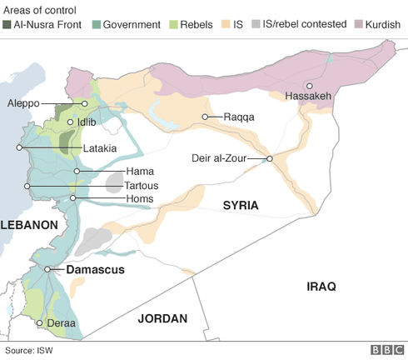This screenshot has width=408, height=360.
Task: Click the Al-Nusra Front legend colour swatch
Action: [x=7, y=25]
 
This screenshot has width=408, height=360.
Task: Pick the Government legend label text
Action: [x=131, y=25]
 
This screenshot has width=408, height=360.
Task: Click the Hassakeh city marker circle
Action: [x=309, y=85]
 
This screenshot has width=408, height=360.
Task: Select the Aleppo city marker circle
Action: [x=84, y=103]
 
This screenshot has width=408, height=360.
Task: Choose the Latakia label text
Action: [x=99, y=148]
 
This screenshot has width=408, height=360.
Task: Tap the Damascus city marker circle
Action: [x=48, y=269]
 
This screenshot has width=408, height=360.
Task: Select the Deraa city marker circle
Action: [x=38, y=322]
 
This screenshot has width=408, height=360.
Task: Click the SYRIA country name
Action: [x=240, y=205]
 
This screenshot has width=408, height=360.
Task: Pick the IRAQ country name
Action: [x=321, y=286]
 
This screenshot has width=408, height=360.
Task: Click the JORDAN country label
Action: [x=162, y=317]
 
